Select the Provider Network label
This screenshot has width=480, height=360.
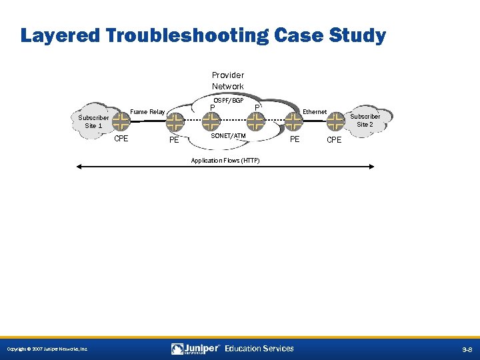coord(227,81)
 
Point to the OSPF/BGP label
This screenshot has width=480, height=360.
coord(228,101)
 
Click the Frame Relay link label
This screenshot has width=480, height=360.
coord(147,112)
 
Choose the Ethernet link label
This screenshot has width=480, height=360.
coord(315,112)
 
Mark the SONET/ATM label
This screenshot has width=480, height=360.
coord(228,136)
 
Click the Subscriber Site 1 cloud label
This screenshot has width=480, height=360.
coord(93,121)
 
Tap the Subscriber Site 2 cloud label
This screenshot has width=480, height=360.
coord(365,120)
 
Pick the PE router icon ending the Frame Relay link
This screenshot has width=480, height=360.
coord(175,122)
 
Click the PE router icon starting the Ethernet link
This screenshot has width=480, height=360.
coord(293,122)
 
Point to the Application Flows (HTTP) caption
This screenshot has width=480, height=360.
coord(225,161)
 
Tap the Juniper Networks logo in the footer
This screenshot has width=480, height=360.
coord(195,349)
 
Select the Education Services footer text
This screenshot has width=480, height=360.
coord(259,349)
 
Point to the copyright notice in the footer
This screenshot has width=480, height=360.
coord(47,349)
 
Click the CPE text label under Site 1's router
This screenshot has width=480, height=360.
coord(121,139)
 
